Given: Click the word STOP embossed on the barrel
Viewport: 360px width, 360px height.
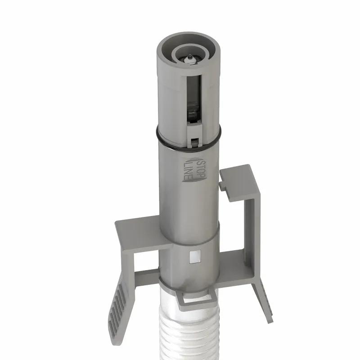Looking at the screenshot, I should (x=201, y=164).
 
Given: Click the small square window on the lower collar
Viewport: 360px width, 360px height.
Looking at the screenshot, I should (x=195, y=256).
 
